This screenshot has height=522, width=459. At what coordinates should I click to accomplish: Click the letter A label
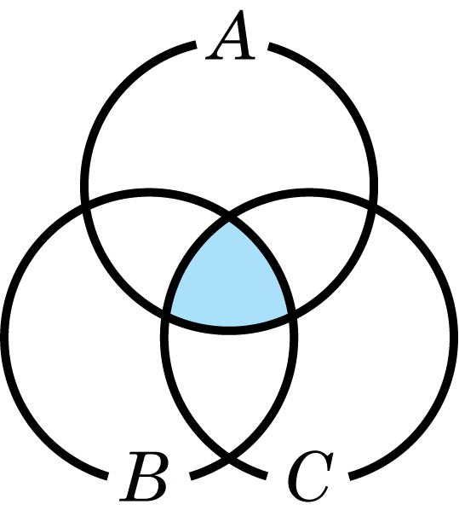click(231, 35)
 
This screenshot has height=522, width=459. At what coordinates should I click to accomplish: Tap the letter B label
click(144, 477)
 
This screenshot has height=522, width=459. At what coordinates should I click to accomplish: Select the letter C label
click(311, 477)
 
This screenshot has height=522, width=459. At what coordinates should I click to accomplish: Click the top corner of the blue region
click(229, 220)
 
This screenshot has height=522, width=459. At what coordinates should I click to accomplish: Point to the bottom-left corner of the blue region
click(167, 314)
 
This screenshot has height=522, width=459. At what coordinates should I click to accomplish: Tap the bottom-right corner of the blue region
click(291, 314)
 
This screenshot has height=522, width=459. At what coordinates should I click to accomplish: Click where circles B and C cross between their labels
click(229, 461)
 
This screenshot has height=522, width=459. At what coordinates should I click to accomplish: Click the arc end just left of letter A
click(194, 44)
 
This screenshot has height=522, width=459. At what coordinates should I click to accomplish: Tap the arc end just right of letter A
click(269, 46)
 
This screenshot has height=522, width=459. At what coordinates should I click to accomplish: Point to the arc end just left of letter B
click(107, 476)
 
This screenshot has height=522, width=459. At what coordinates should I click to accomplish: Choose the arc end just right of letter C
click(350, 477)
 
